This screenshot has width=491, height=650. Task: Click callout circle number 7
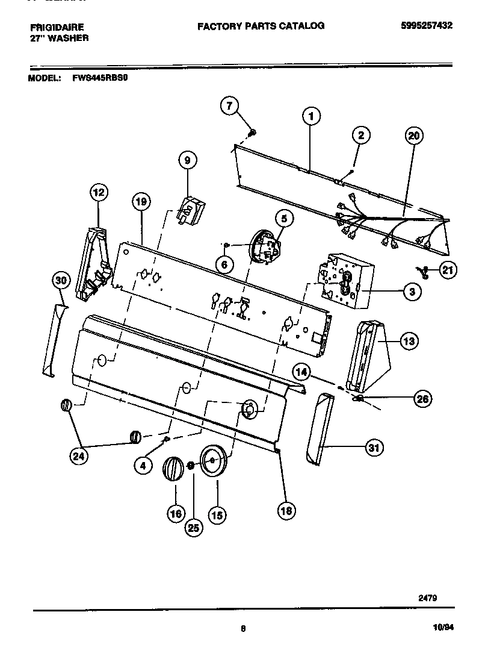[x=229, y=106]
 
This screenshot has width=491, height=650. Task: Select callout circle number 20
[x=413, y=136]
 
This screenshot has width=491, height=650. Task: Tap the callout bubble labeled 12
[x=99, y=193]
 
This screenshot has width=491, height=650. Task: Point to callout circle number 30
[x=61, y=280]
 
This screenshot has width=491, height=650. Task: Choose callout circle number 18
[x=286, y=511]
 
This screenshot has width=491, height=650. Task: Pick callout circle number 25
[x=193, y=528]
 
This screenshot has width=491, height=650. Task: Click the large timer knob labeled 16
[x=173, y=469]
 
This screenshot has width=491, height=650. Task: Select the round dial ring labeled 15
[x=212, y=463]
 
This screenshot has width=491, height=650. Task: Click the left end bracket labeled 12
[x=94, y=262]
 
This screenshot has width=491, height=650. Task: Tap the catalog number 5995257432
[x=427, y=25]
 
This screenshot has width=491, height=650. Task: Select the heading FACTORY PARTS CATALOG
[x=261, y=26]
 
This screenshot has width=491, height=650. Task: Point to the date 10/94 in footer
[x=443, y=627]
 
